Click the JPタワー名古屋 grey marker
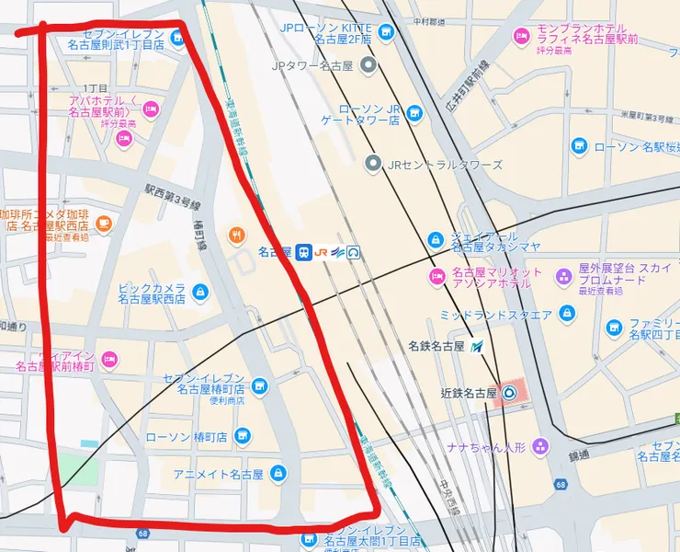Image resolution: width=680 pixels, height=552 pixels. [368, 65]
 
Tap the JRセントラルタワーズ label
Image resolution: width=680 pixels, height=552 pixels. [445, 165]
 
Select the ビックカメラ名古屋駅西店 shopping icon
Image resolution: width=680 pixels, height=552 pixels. [200, 293]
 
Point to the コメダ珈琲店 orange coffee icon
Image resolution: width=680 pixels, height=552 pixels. [103, 223]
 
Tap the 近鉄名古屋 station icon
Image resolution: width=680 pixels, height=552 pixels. [510, 393]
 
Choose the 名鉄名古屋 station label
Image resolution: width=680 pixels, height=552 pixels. [437, 347]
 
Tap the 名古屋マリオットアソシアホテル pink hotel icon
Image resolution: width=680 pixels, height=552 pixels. [436, 277]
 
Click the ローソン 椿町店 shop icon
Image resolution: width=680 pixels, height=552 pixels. [244, 435]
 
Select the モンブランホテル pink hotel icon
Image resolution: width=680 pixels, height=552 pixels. [521, 36]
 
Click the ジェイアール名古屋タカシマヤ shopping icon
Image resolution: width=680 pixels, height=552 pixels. [435, 240]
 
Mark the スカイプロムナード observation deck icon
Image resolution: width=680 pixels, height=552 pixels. [563, 274]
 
